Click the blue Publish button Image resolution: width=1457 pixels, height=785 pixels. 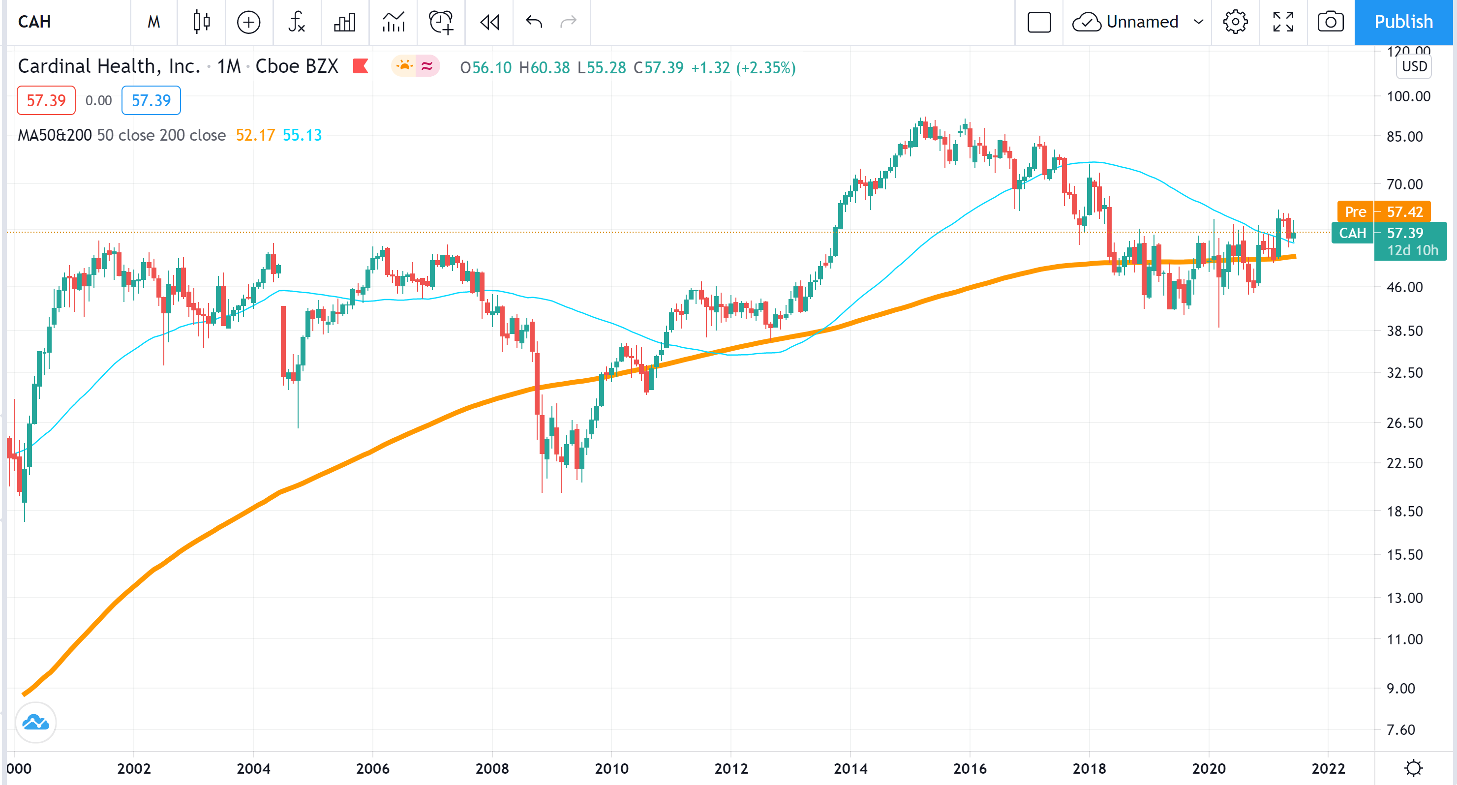[x=1403, y=22]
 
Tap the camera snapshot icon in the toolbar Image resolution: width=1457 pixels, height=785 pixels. [x=1330, y=22]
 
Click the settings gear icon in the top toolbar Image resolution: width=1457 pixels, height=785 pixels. [x=1235, y=22]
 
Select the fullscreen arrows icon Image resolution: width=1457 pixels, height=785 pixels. [x=1283, y=22]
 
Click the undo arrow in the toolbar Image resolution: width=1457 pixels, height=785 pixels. [x=533, y=22]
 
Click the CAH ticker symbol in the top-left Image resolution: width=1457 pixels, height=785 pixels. [x=34, y=22]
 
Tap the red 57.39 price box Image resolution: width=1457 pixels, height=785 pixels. [x=46, y=100]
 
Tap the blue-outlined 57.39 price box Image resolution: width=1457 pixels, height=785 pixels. [x=151, y=100]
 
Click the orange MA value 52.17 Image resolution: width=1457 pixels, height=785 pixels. [x=255, y=135]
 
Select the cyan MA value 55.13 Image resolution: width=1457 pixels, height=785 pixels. [x=302, y=135]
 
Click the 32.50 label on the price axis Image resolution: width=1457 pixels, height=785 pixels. [x=1404, y=373]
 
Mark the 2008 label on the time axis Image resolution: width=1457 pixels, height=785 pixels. [x=492, y=768]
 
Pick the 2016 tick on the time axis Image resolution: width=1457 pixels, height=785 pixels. [x=970, y=768]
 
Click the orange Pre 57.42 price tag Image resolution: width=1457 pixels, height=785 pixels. [x=1384, y=211]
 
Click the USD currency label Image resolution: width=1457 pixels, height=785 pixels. [x=1414, y=66]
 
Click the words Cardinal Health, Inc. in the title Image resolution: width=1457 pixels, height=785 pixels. [x=109, y=66]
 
